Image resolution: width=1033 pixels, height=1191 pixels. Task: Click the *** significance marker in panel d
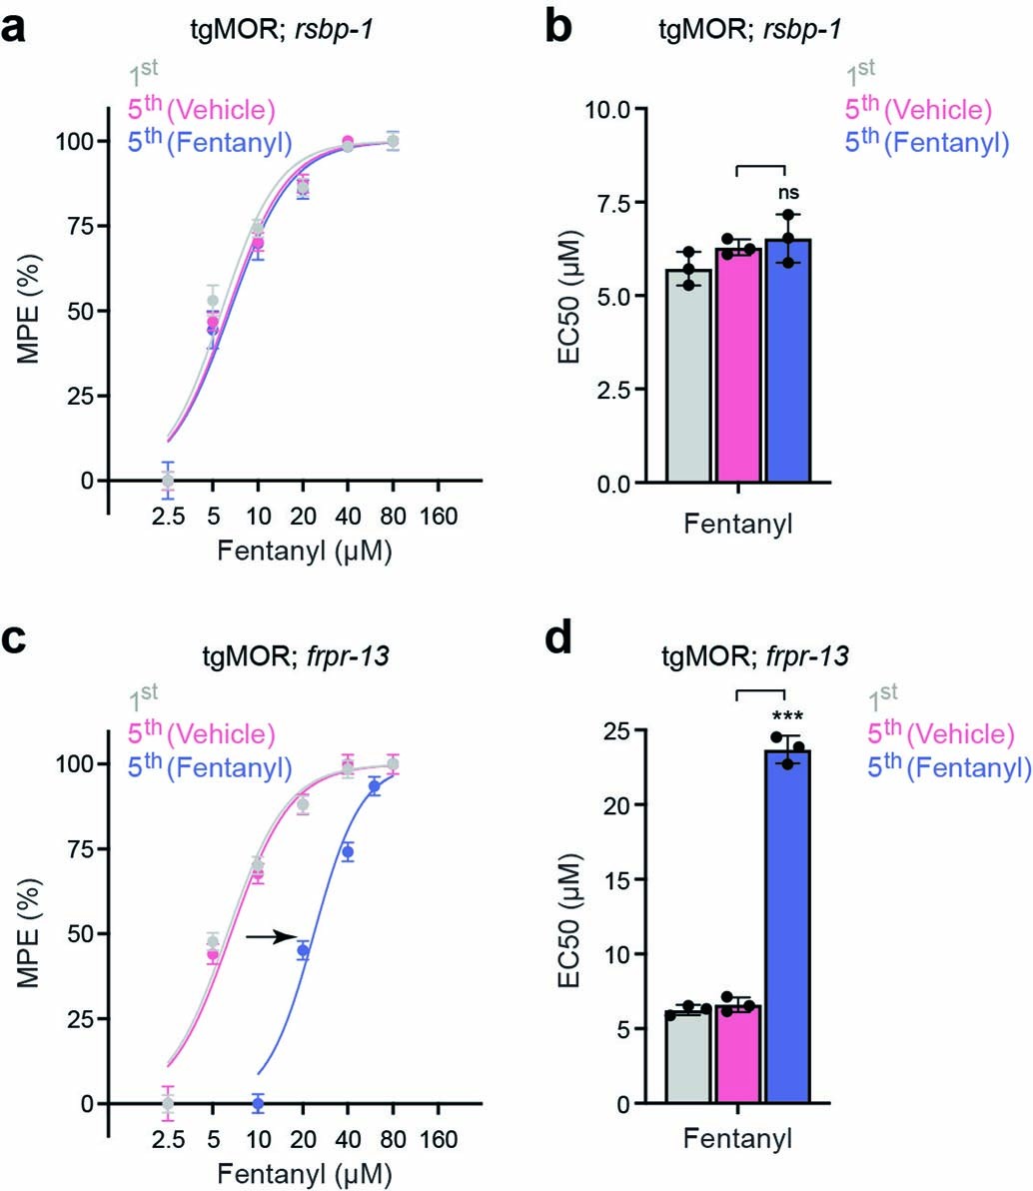coord(786,716)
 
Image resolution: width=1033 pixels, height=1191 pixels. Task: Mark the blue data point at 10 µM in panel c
coord(258,1103)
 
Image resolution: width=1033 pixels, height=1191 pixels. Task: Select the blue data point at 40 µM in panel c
coord(348,851)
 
